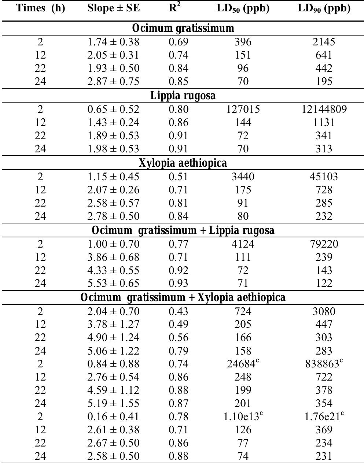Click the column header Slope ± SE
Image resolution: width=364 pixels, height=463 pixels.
pyautogui.click(x=114, y=8)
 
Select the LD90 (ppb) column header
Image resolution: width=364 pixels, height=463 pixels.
pyautogui.click(x=324, y=8)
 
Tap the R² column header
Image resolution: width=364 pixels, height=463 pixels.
pyautogui.click(x=175, y=8)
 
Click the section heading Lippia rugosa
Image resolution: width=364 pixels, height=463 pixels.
pyautogui.click(x=183, y=96)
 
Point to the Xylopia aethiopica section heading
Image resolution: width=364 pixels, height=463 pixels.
pyautogui.click(x=183, y=163)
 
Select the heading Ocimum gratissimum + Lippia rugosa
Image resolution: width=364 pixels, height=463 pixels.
pyautogui.click(x=183, y=230)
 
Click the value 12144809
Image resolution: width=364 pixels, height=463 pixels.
pyautogui.click(x=324, y=109)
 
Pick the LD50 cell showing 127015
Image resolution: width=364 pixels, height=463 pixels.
pyautogui.click(x=243, y=109)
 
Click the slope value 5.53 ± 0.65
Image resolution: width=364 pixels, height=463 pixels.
pyautogui.click(x=113, y=283)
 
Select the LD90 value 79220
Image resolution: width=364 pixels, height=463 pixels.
pyautogui.click(x=324, y=244)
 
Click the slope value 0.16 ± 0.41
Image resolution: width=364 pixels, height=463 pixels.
pyautogui.click(x=113, y=416)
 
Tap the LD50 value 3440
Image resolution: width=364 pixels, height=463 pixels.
pyautogui.click(x=243, y=177)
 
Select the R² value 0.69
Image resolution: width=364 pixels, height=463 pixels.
pyautogui.click(x=178, y=42)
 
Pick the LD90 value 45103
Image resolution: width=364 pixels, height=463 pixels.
pyautogui.click(x=324, y=177)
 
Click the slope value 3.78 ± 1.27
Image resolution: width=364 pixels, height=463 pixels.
pyautogui.click(x=113, y=324)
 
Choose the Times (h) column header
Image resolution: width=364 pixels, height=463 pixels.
pyautogui.click(x=41, y=8)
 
